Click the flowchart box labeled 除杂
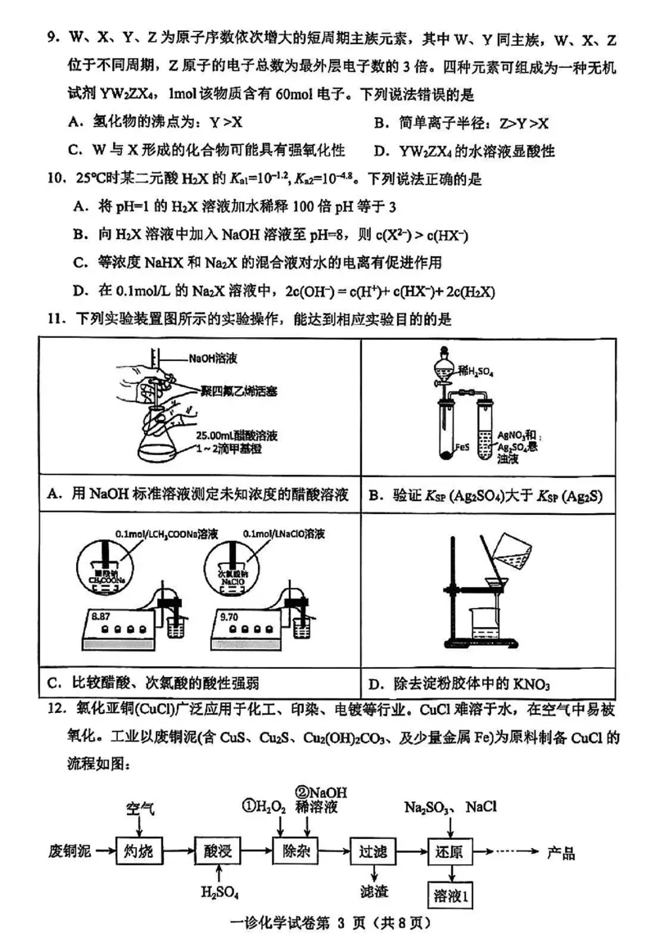coord(296,851)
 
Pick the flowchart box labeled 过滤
coord(373,851)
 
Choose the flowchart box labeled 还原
coord(451,851)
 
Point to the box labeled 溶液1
coord(451,895)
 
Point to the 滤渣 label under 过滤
coord(373,891)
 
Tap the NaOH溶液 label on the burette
coord(211,359)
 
